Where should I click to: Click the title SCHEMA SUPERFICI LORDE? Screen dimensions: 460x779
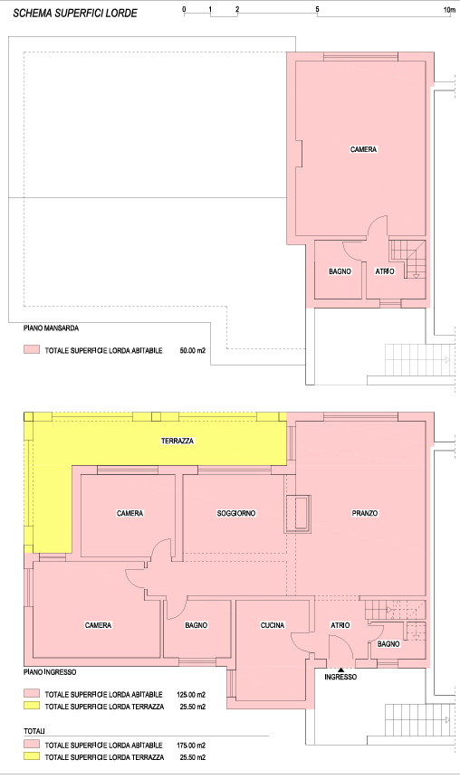[x=75, y=14]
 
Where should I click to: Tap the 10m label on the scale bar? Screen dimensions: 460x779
[x=449, y=9]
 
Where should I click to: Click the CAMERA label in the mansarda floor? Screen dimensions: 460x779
[x=363, y=149]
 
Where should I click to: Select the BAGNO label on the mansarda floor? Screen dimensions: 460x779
[x=340, y=271]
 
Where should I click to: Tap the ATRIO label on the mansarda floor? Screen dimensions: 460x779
[x=385, y=271]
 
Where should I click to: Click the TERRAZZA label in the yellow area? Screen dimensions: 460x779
[x=177, y=441]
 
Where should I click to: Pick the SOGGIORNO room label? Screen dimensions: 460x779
[x=236, y=513]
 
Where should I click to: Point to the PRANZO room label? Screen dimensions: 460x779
[x=365, y=513]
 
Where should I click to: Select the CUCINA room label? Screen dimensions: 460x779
[x=273, y=625]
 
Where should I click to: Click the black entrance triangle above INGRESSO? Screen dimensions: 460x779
[x=340, y=670]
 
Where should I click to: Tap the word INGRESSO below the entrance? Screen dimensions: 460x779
[x=340, y=677]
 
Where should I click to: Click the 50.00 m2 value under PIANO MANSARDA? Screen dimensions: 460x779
[x=193, y=351]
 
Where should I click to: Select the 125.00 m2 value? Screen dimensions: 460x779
[x=191, y=695]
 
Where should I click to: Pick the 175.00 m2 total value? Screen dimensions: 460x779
[x=191, y=746]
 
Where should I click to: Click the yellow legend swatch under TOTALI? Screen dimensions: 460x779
[x=32, y=756]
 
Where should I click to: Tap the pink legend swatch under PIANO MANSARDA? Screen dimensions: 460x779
[x=32, y=350]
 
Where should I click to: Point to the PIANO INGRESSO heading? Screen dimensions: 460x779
[x=50, y=672]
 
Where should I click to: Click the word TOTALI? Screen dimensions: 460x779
[x=34, y=731]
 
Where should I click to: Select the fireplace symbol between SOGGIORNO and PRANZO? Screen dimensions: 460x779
[x=298, y=514]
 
